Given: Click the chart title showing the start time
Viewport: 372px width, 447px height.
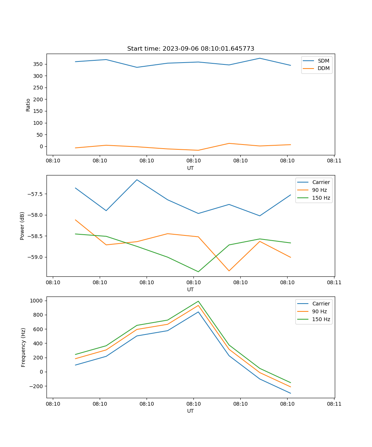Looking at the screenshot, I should (190, 49).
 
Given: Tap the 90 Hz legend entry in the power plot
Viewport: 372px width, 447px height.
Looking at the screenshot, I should (319, 190).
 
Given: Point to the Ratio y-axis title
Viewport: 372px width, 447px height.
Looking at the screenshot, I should (28, 105).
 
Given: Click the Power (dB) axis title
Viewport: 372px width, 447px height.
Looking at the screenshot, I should (22, 226).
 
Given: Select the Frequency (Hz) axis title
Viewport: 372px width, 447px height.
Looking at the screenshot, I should (23, 347).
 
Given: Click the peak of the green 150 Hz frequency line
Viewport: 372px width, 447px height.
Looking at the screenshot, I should (198, 301).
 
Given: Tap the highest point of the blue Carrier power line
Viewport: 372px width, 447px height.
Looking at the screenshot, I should (137, 180).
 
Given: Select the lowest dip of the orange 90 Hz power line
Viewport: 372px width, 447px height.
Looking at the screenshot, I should (229, 271).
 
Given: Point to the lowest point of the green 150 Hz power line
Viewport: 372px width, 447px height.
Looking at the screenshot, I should (198, 272).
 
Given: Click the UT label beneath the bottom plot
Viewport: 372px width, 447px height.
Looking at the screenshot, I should (190, 411).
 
